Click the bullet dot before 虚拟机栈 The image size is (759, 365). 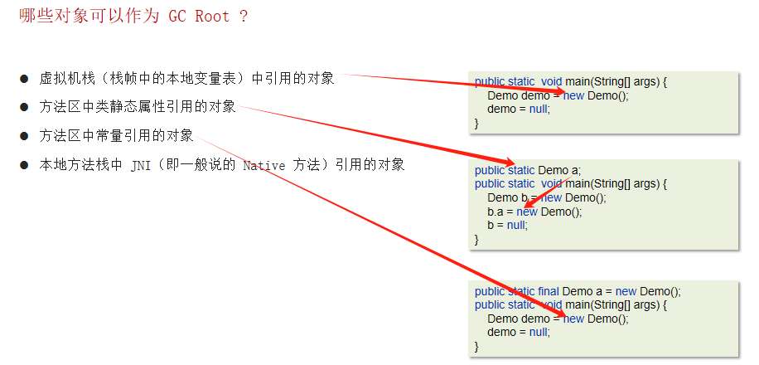click(x=24, y=79)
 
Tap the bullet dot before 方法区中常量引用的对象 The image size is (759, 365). click(x=24, y=136)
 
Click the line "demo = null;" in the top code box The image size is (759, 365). click(x=518, y=109)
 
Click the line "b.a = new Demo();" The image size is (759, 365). click(x=534, y=212)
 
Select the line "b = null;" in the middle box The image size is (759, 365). click(x=507, y=225)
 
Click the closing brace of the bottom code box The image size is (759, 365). click(x=476, y=345)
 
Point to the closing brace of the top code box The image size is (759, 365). click(x=476, y=122)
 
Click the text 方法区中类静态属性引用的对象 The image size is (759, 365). click(x=138, y=107)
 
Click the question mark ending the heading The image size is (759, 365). click(x=243, y=17)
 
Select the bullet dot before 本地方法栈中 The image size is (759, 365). click(x=24, y=165)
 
